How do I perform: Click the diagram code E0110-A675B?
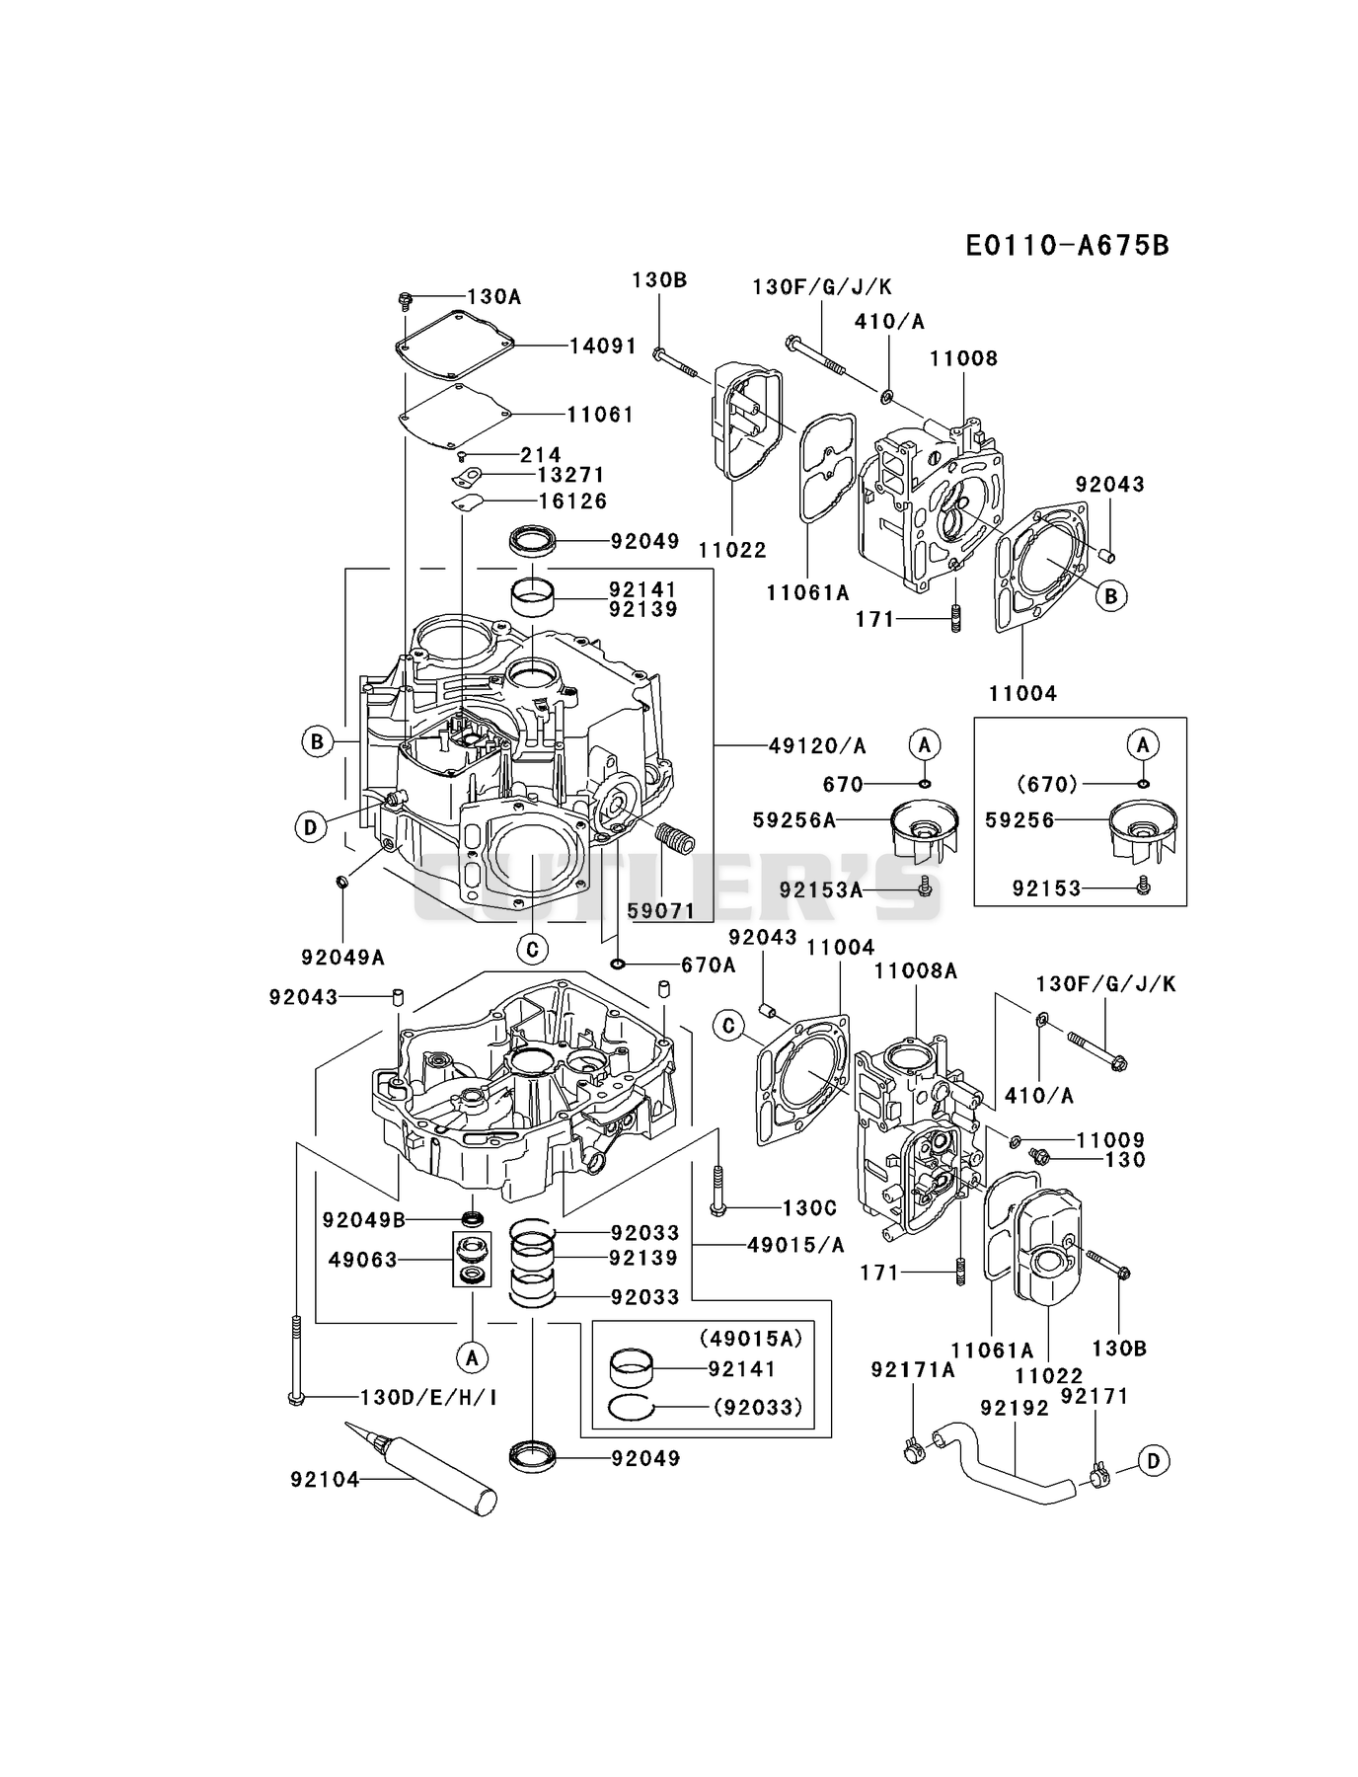tap(1067, 245)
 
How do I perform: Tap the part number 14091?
tap(603, 346)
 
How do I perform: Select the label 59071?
tap(661, 911)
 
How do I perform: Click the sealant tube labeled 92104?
tap(420, 1468)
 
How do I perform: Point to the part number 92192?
tap(1014, 1407)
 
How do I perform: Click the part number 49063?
tap(363, 1260)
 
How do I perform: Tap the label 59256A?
tap(793, 819)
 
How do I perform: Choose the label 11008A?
tap(915, 971)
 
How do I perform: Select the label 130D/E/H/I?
tap(428, 1397)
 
